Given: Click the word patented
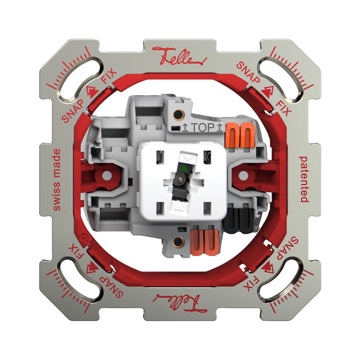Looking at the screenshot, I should [x=304, y=179].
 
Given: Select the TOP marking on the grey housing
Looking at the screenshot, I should [x=202, y=128].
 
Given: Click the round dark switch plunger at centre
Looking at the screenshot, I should [x=179, y=181].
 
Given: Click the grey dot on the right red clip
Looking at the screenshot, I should [x=244, y=176].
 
